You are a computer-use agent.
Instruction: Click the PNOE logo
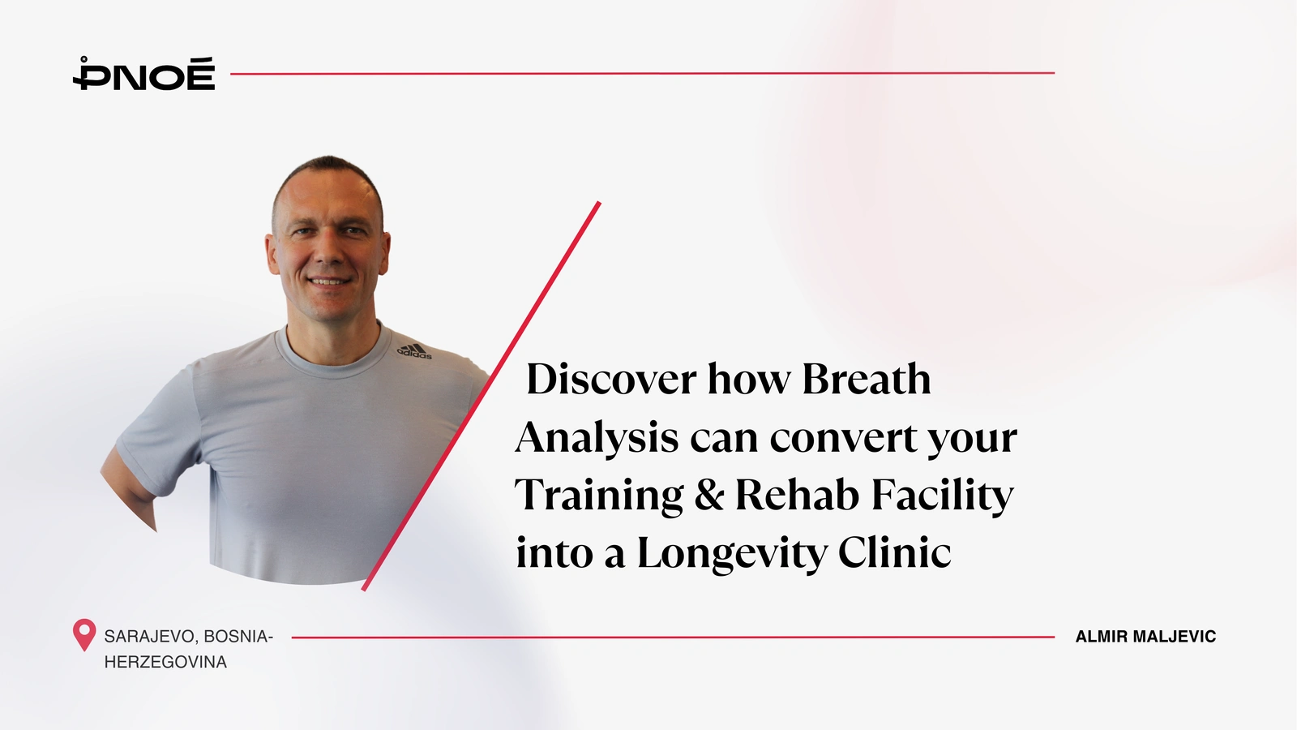[x=143, y=74]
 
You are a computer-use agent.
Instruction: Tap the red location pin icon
[x=84, y=635]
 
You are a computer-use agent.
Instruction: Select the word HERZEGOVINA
[x=165, y=662]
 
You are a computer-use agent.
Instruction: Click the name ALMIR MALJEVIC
[x=1145, y=637]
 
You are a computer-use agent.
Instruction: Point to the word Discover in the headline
[x=611, y=379]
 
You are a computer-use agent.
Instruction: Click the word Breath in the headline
[x=867, y=379]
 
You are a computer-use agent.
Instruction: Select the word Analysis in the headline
[x=597, y=437]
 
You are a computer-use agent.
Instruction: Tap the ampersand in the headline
[x=709, y=495]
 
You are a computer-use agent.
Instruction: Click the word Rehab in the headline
[x=798, y=495]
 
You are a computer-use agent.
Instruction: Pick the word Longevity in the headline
[x=733, y=553]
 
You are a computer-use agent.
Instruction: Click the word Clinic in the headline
[x=895, y=552]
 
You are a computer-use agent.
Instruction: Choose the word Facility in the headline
[x=943, y=496]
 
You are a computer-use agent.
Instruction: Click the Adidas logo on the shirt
[x=414, y=352]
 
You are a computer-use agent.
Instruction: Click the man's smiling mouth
[x=328, y=281]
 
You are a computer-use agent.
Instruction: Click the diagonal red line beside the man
[x=482, y=397]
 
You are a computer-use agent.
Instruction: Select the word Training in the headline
[x=599, y=496]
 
